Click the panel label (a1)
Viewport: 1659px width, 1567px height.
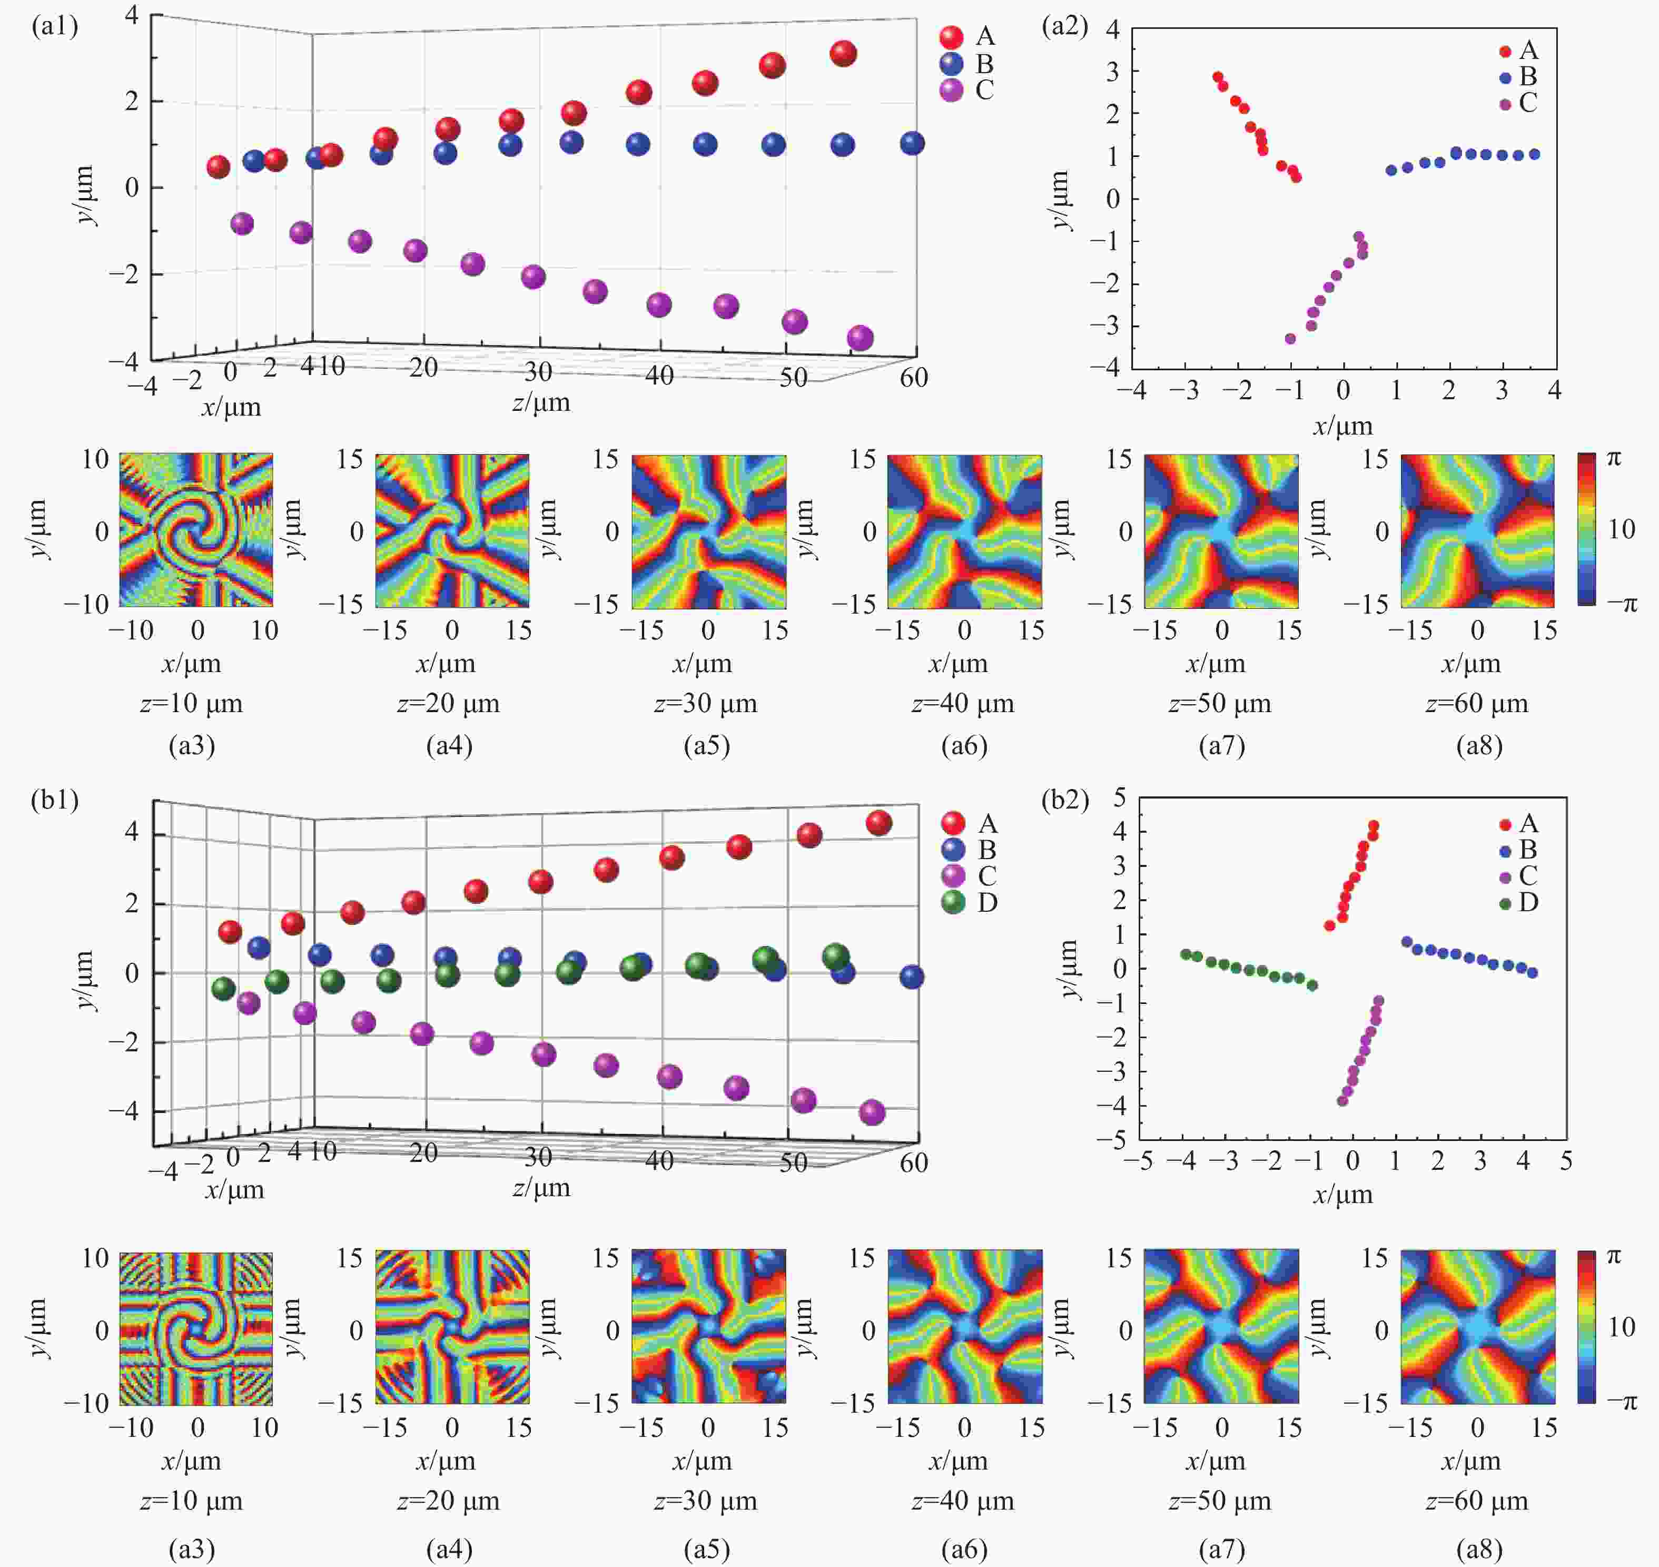click(x=55, y=27)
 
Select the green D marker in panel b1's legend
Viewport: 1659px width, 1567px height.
click(x=953, y=902)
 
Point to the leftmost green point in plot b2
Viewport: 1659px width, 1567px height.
click(x=1186, y=954)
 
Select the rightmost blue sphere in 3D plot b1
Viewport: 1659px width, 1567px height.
click(x=912, y=977)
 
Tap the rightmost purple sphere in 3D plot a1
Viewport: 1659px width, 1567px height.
click(x=861, y=338)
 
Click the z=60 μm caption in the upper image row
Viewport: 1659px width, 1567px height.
click(x=1477, y=704)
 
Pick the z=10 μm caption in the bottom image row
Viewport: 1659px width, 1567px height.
click(x=191, y=1501)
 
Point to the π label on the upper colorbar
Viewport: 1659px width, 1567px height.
click(x=1614, y=459)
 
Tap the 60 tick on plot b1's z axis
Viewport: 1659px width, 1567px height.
click(x=914, y=1162)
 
